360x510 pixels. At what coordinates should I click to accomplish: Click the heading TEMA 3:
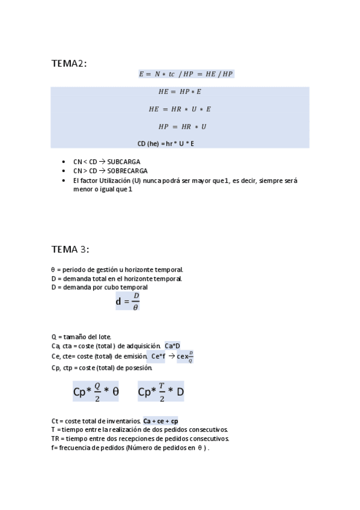point(70,249)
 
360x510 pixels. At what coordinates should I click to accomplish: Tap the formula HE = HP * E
point(180,92)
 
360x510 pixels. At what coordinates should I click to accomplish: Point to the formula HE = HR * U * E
point(180,109)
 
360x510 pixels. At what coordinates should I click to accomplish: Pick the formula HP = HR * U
point(182,127)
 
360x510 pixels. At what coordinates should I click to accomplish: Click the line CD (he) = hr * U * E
point(166,143)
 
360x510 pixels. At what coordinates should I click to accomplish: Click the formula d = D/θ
point(127,301)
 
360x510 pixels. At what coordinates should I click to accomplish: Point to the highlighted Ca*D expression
point(172,346)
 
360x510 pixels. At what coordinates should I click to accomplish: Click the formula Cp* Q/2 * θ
point(96,392)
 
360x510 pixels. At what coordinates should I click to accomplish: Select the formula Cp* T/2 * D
point(160,392)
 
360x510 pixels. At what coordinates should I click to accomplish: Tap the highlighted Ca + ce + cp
point(160,421)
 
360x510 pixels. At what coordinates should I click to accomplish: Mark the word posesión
point(139,367)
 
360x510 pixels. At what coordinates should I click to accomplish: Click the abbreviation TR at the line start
point(55,438)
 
